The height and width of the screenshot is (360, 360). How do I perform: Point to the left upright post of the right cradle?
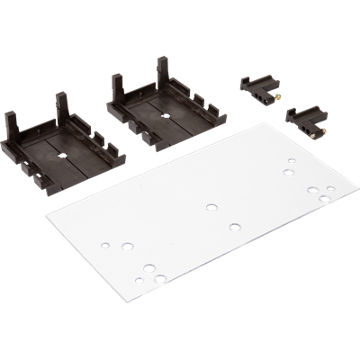click(x=117, y=86)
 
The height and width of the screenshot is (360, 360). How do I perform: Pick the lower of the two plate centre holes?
click(x=235, y=226)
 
